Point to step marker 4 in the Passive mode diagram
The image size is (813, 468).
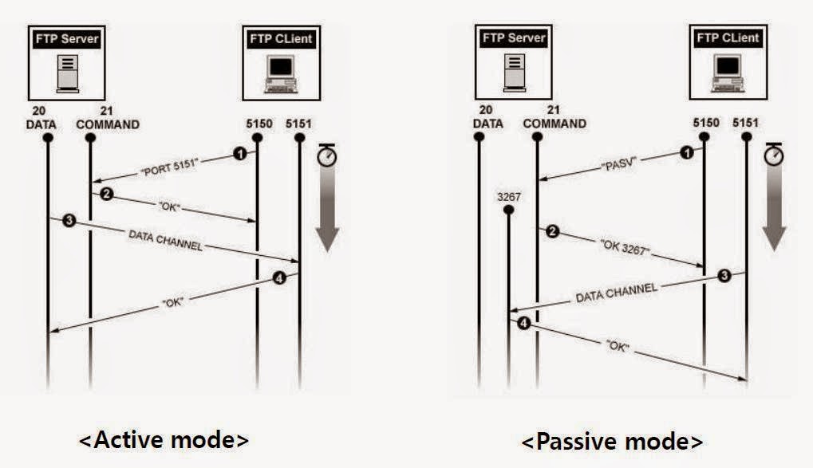click(523, 323)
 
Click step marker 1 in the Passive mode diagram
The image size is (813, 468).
click(685, 152)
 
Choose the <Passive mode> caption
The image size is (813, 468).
click(612, 440)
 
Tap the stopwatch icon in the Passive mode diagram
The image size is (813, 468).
click(774, 155)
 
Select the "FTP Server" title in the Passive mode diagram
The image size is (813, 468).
click(514, 37)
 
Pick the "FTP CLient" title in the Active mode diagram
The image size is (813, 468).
click(281, 37)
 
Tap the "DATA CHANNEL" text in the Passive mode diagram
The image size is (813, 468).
click(616, 292)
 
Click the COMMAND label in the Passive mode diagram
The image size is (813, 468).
click(554, 124)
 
